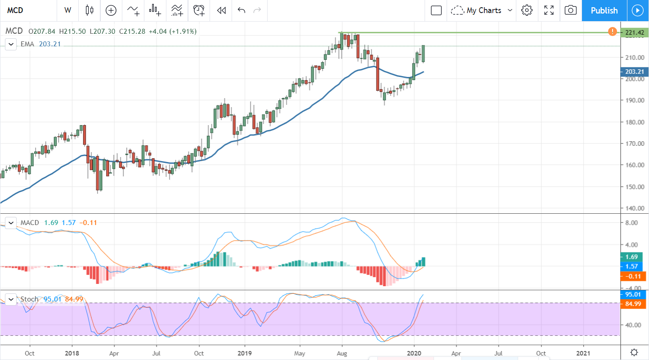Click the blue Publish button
tap(604, 10)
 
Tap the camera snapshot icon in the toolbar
tap(570, 10)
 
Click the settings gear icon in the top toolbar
tap(527, 10)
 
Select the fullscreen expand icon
tap(549, 10)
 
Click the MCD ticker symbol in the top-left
tap(15, 10)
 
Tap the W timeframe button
tap(68, 10)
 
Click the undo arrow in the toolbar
tap(242, 10)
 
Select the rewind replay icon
tap(221, 10)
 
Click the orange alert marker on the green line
tap(612, 31)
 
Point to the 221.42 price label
tap(633, 32)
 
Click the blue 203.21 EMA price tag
tap(633, 72)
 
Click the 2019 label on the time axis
tap(244, 353)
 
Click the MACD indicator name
tap(30, 222)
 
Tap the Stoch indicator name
tap(29, 299)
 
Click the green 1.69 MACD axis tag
tap(633, 257)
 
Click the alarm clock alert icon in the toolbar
tap(198, 10)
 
